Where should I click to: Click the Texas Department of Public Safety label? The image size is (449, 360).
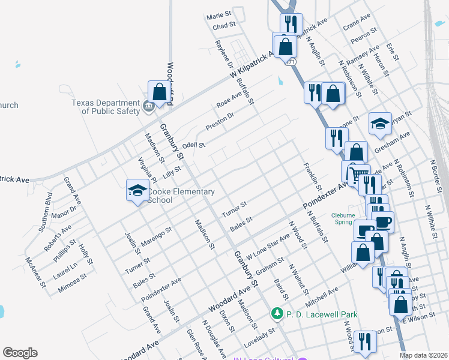106,106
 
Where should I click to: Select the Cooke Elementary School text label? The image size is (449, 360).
181,196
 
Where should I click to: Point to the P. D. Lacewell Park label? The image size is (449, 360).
322,314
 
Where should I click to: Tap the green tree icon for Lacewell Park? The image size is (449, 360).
277,314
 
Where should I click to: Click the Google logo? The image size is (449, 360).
20,353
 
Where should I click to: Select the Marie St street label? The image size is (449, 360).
218,15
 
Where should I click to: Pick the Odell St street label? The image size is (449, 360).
194,145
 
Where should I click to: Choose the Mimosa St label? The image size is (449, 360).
73,283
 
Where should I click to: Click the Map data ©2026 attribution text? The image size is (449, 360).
424,355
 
